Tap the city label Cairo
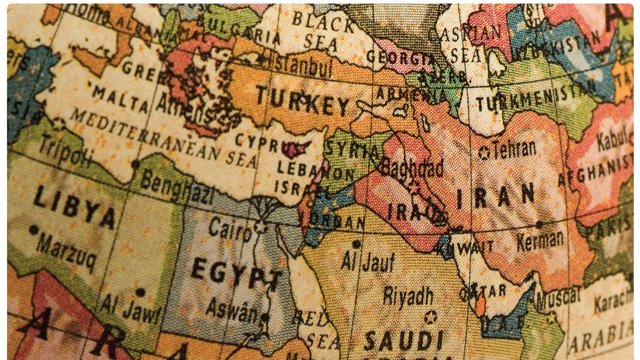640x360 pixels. coord(229,228)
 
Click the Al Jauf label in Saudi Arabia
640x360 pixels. coord(364,261)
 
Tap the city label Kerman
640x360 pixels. coord(540,240)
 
